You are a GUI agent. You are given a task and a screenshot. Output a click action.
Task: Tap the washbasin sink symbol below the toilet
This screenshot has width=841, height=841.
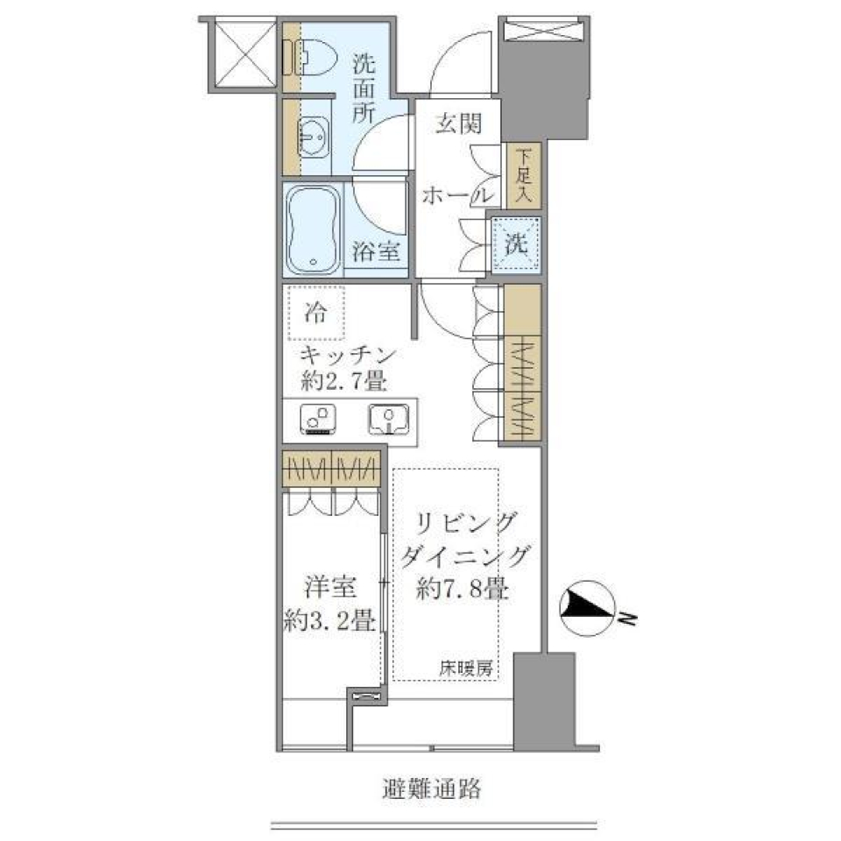[x=313, y=137]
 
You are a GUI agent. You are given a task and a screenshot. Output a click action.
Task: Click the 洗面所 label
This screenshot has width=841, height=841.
[x=364, y=88]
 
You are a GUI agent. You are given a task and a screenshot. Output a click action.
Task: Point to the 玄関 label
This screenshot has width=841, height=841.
[x=458, y=124]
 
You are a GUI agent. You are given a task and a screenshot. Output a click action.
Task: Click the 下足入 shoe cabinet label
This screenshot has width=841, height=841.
[x=524, y=177]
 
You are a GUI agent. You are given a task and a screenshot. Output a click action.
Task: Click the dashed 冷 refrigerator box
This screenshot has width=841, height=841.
[x=317, y=312]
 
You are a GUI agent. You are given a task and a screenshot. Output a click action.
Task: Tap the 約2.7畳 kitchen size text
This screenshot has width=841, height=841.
[x=345, y=383]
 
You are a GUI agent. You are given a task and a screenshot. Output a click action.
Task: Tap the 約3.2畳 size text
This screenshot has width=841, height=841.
[x=331, y=619]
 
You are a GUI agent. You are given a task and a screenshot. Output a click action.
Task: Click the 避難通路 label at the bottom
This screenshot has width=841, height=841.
[x=432, y=788]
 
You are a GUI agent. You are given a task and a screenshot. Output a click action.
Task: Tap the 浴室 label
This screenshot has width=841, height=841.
[x=378, y=252]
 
